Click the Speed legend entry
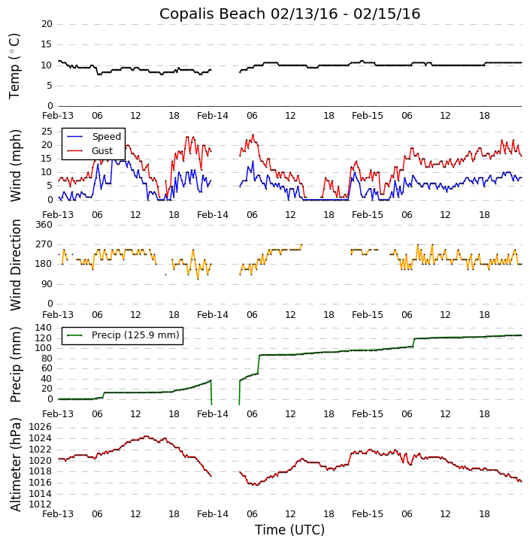[x=106, y=137]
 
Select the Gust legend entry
[x=101, y=151]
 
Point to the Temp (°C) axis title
[x=15, y=65]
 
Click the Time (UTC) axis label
[x=289, y=530]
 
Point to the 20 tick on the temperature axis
[x=47, y=24]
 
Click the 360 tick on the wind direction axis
[x=44, y=225]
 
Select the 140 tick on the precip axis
[x=44, y=328]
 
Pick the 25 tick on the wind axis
[x=47, y=132]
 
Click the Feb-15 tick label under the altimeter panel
[x=368, y=514]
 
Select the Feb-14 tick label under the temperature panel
[x=213, y=116]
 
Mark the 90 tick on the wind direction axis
[x=47, y=284]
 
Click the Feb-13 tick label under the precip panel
[x=58, y=414]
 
